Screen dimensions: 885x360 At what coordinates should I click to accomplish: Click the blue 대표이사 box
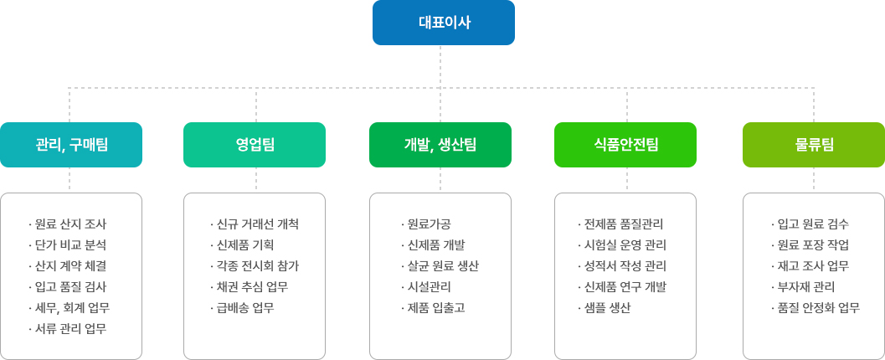click(x=444, y=23)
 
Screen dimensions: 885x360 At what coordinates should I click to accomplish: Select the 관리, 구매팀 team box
click(x=71, y=145)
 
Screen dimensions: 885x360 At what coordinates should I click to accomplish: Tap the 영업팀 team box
click(x=255, y=145)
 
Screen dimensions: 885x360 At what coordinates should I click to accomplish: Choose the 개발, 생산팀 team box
click(x=440, y=145)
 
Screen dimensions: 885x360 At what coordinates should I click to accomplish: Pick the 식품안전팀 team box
click(x=625, y=145)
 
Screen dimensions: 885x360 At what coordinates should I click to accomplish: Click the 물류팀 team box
click(x=814, y=145)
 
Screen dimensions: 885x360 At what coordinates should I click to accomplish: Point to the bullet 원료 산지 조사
click(x=67, y=224)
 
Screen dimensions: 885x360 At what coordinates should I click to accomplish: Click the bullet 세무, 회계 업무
click(x=69, y=308)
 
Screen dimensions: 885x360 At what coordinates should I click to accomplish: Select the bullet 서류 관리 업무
click(x=67, y=329)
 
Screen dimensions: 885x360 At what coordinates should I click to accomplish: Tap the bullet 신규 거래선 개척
click(x=254, y=224)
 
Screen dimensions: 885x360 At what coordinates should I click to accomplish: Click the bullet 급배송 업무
click(x=242, y=308)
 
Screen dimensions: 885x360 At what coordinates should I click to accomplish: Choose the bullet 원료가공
click(x=422, y=224)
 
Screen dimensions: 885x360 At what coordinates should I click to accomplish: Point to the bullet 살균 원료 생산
click(x=440, y=266)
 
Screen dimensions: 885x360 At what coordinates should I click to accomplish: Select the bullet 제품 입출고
click(x=432, y=308)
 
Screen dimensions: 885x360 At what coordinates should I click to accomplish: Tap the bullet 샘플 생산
click(x=604, y=308)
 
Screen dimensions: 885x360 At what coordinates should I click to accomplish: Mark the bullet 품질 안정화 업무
click(x=815, y=308)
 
